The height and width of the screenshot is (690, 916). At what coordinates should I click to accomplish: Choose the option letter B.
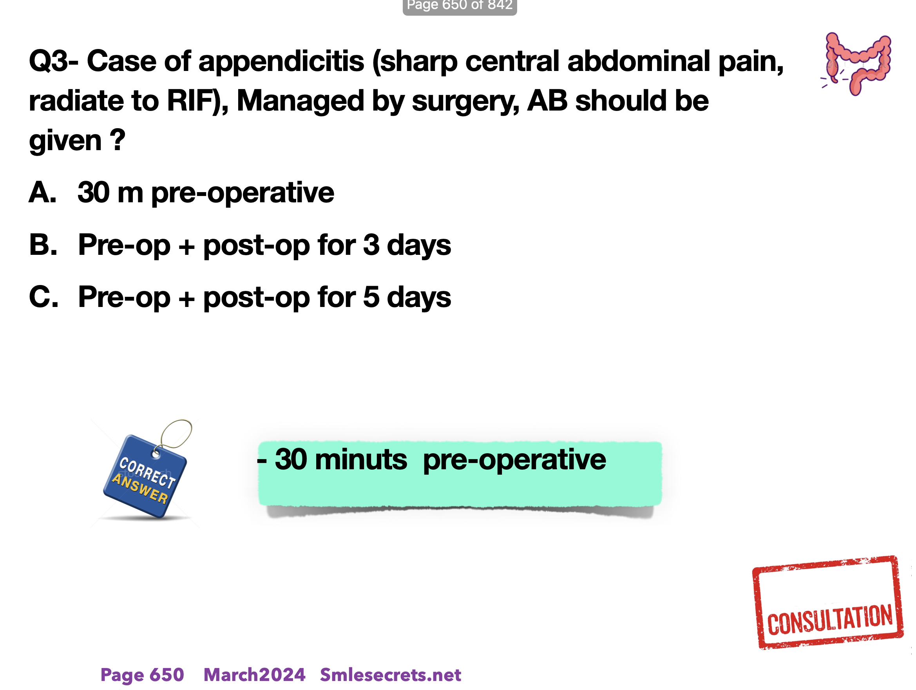coord(43,245)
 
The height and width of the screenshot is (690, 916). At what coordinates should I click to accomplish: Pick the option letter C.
coord(43,297)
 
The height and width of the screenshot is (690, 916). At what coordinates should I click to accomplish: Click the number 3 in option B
coord(371,245)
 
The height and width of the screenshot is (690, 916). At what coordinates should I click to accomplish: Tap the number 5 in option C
coord(371,297)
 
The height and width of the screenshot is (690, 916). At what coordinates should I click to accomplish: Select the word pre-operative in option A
coord(243,193)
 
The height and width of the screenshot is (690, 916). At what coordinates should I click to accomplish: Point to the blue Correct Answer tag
coord(145,476)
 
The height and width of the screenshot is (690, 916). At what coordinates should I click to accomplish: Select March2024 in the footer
coord(254,675)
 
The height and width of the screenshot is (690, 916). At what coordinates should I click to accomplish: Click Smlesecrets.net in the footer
coord(391,675)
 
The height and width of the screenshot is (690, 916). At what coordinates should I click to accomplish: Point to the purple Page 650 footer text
coord(142,675)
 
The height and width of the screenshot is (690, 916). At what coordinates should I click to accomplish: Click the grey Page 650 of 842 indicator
coord(460,6)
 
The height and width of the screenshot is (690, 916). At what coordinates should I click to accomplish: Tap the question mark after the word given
coord(118,140)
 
